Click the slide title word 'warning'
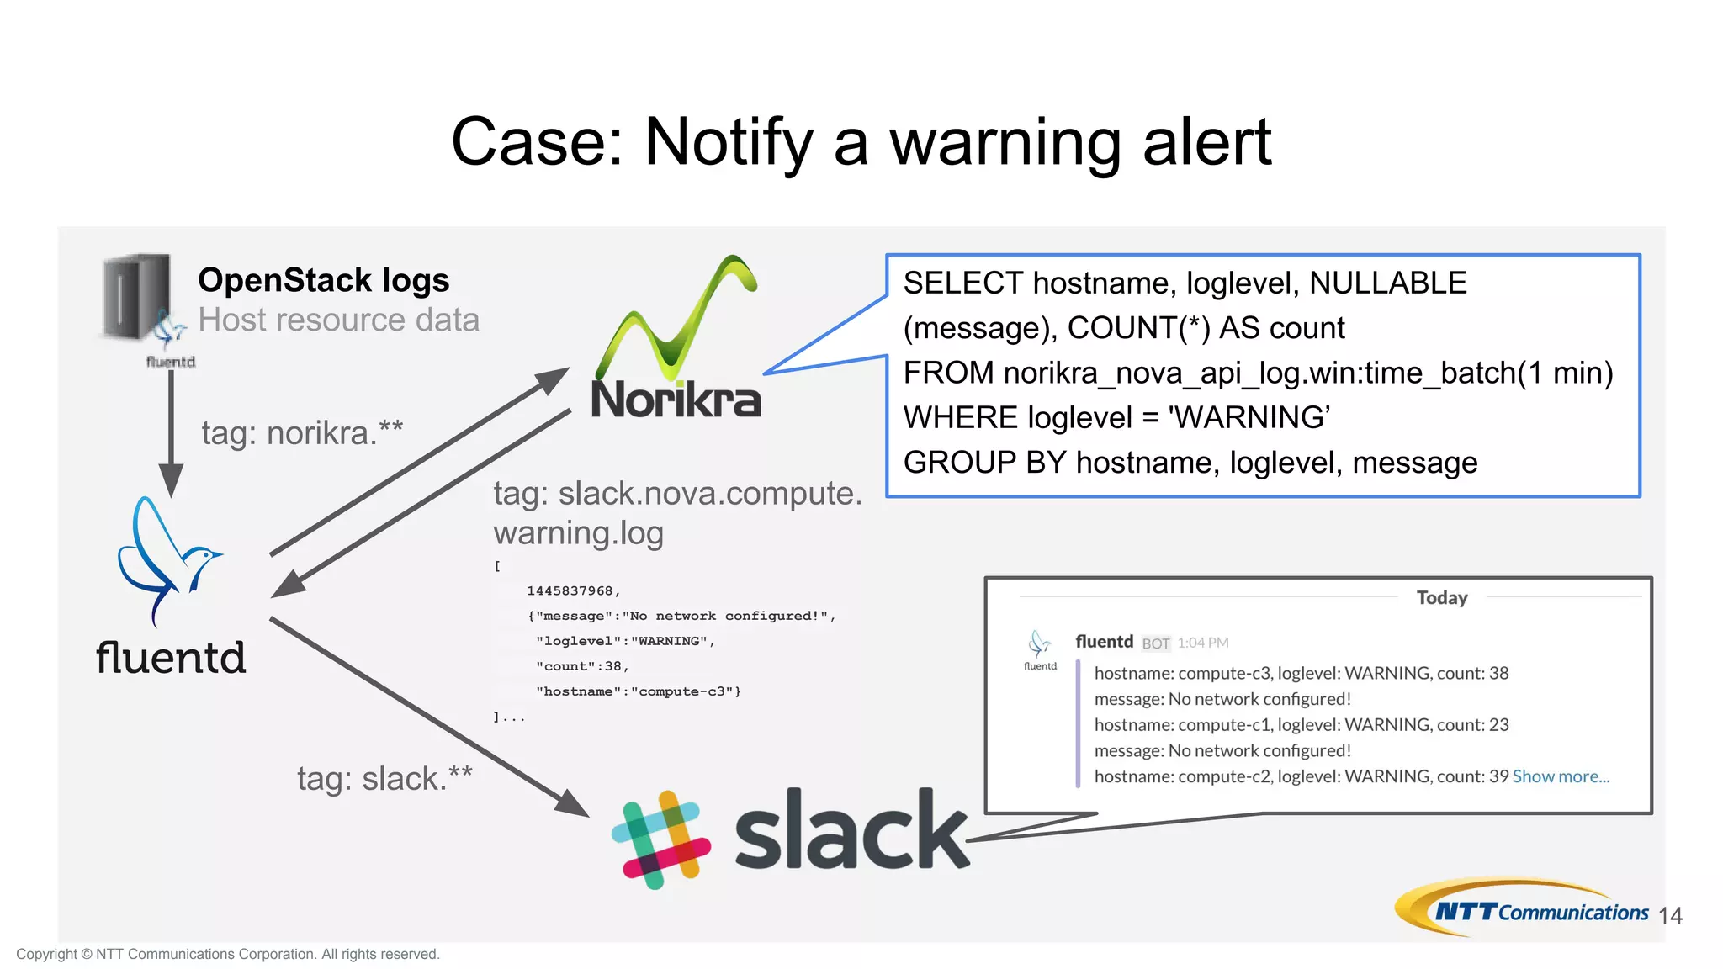click(x=1005, y=143)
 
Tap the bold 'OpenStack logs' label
click(x=323, y=280)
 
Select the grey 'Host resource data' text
click(x=338, y=320)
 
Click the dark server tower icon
click(x=135, y=296)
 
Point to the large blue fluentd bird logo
click(x=168, y=559)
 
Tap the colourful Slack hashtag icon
click(x=661, y=839)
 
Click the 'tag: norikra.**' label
click(x=302, y=432)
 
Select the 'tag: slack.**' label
click(x=384, y=778)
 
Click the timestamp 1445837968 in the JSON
click(x=572, y=590)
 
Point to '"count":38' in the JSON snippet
click(x=581, y=666)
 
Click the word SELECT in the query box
click(x=962, y=283)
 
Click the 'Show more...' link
click(x=1561, y=776)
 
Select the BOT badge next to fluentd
click(x=1155, y=643)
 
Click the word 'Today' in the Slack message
click(x=1441, y=597)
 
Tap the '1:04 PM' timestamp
click(x=1203, y=643)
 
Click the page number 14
click(x=1670, y=915)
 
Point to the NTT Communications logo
click(x=1523, y=908)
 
